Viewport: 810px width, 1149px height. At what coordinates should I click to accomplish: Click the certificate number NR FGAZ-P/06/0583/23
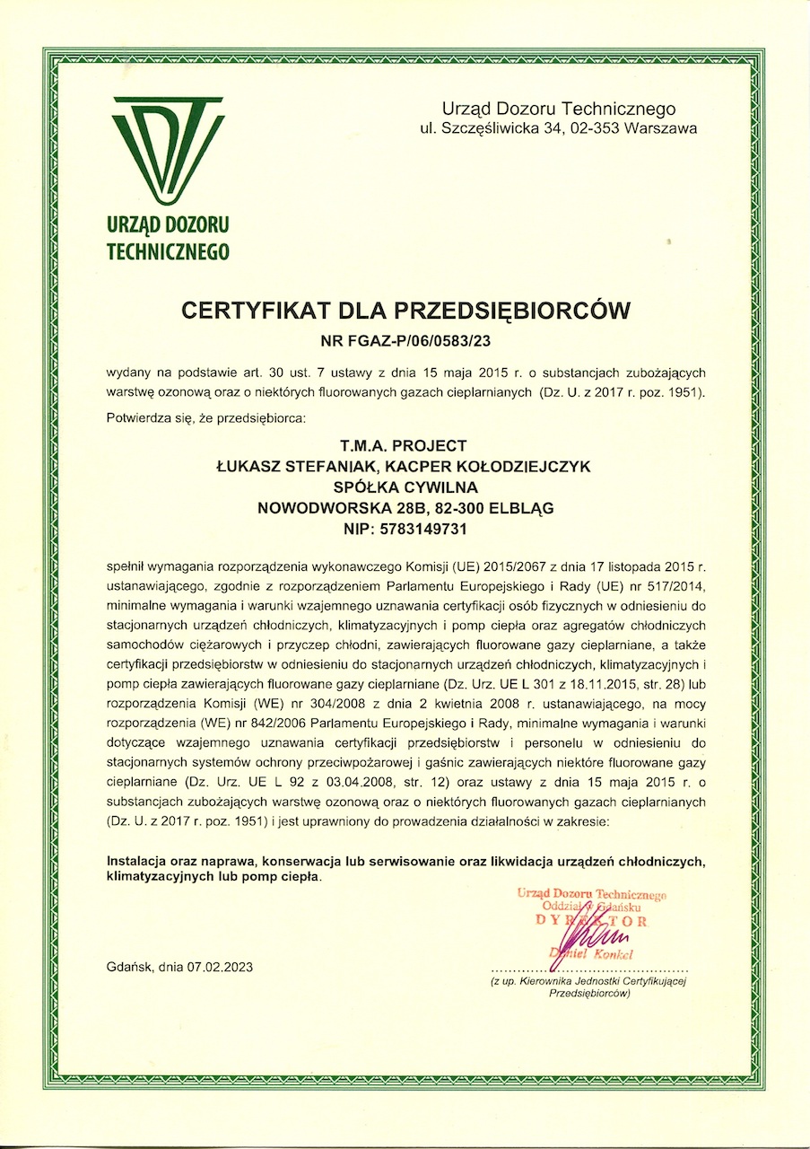[x=407, y=340]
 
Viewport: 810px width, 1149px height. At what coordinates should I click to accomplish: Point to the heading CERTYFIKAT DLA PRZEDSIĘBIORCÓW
[x=406, y=311]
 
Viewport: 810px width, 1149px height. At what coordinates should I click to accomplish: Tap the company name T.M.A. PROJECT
[x=405, y=446]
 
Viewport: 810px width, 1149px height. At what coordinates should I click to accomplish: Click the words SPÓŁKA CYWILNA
[x=405, y=487]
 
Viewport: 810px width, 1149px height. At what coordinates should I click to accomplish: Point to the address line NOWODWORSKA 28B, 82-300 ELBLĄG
[x=405, y=508]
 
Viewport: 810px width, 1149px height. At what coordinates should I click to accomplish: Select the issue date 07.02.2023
[x=220, y=967]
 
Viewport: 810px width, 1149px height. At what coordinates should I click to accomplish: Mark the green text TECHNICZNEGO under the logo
[x=168, y=251]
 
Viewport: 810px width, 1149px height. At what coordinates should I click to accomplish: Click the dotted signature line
[x=588, y=971]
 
